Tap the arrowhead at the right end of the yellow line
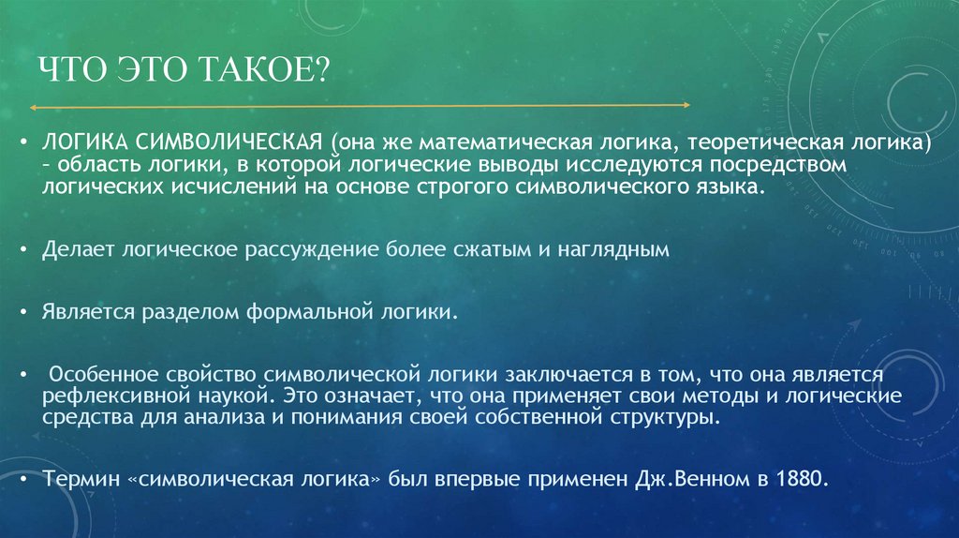(686, 105)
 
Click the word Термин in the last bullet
(75, 477)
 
